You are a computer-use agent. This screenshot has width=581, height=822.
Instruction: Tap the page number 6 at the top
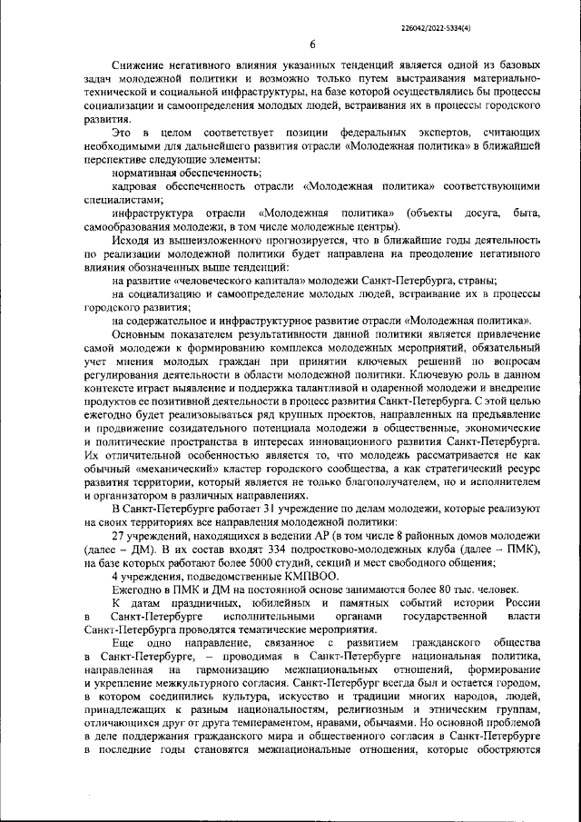coord(312,45)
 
